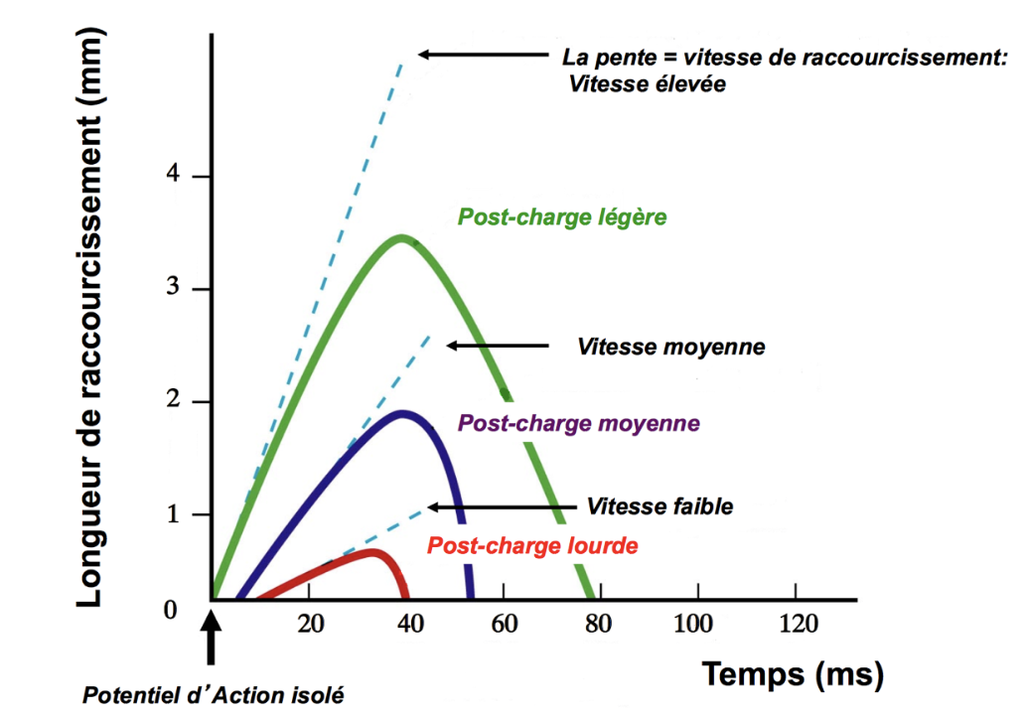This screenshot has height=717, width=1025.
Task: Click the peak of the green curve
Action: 401,237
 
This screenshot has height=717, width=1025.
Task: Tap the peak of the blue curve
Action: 402,412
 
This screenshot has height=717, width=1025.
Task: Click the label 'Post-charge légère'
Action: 561,216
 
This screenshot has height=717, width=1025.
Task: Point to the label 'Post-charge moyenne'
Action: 578,422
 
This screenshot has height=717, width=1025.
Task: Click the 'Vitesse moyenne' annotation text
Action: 670,347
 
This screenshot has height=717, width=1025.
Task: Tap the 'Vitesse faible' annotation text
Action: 659,506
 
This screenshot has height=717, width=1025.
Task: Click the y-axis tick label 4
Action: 175,177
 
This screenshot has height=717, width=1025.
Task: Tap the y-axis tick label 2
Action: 175,402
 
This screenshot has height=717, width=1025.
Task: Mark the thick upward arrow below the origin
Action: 211,641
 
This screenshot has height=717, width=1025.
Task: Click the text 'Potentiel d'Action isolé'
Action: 213,695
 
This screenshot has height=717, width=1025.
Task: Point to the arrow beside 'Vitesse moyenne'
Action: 498,346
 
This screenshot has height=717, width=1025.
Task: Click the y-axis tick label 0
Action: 170,609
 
